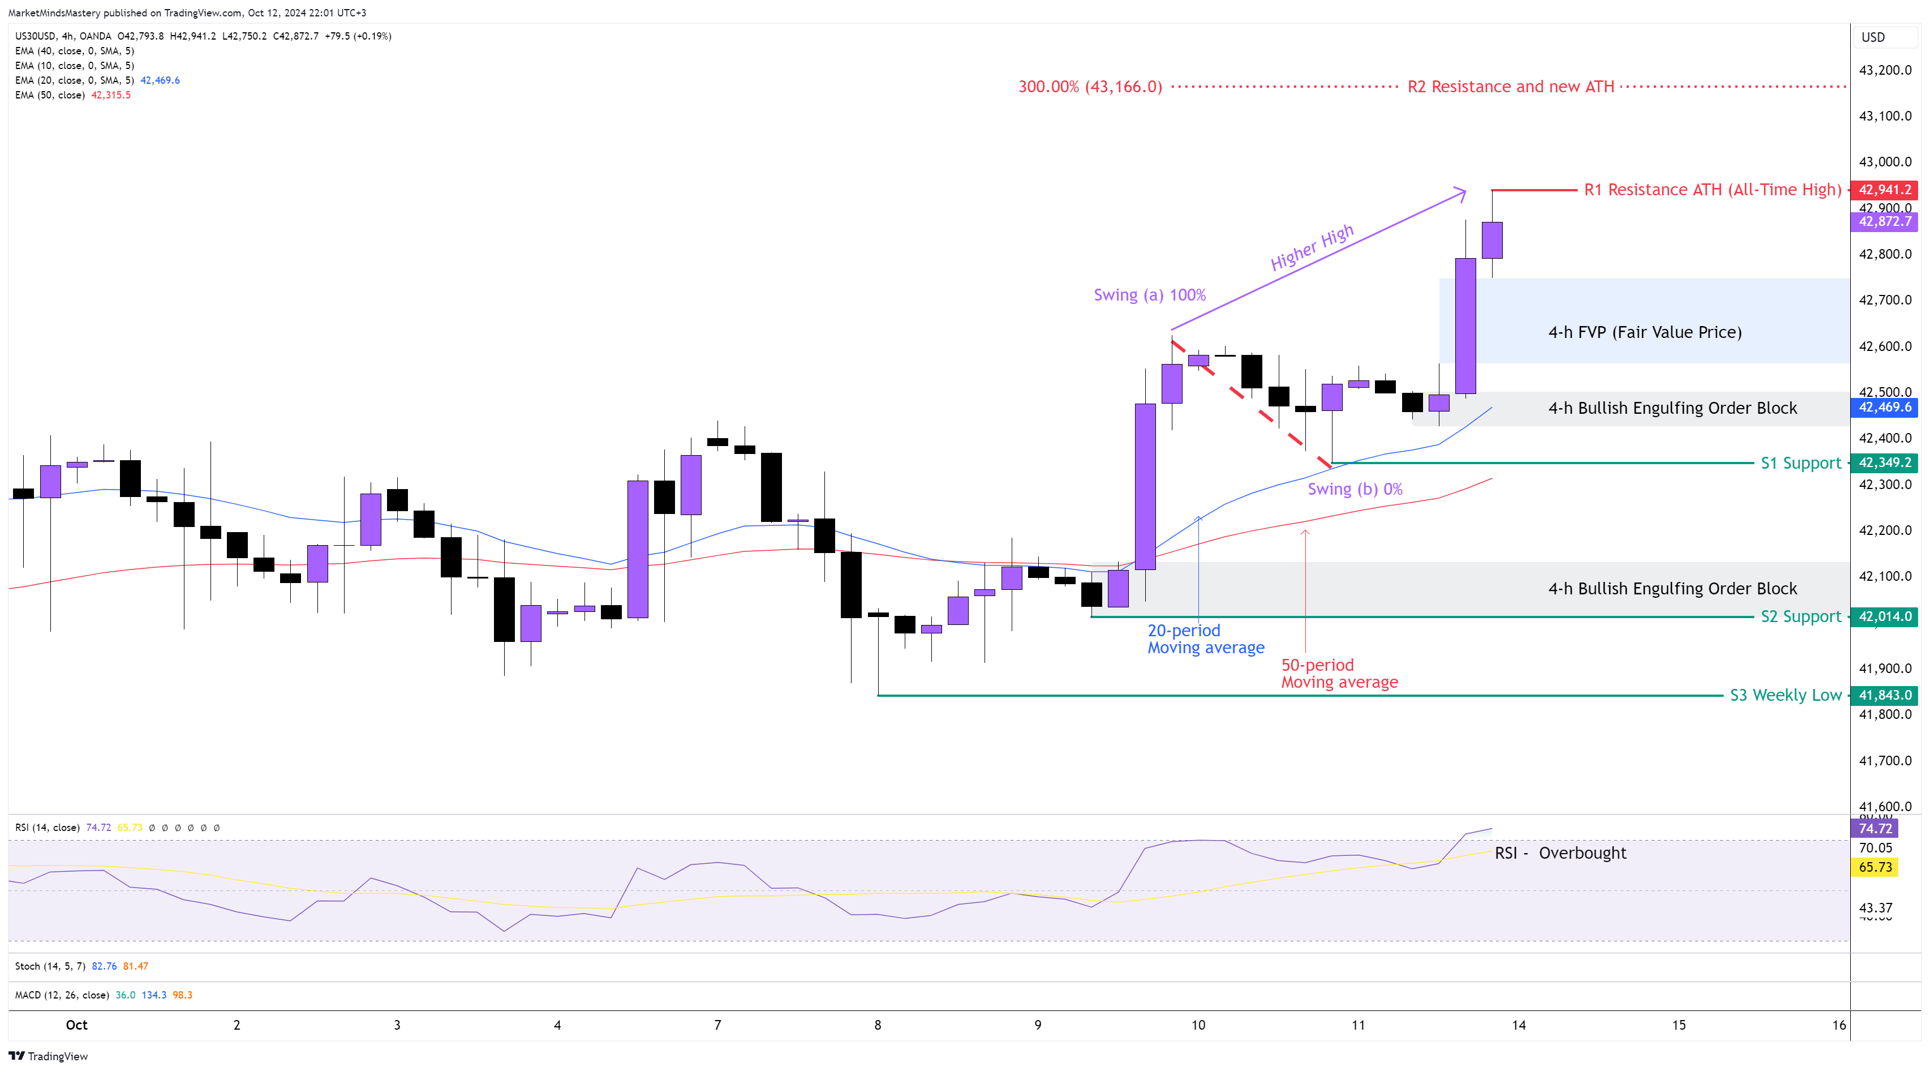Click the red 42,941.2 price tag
[x=1884, y=190]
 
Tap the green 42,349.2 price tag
[x=1884, y=462]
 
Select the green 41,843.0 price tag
[x=1884, y=695]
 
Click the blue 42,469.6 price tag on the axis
[x=1884, y=407]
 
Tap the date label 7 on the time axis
[x=717, y=1025]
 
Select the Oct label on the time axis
[x=76, y=1025]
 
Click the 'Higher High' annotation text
[x=1312, y=247]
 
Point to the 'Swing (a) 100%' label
[x=1149, y=294]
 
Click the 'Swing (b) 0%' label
[x=1355, y=489]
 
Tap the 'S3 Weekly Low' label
[x=1785, y=695]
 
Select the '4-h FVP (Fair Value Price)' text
[x=1645, y=332]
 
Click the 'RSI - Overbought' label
[x=1560, y=853]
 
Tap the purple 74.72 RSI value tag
[x=1875, y=828]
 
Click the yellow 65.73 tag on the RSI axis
[x=1875, y=867]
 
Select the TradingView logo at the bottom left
[x=49, y=1056]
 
